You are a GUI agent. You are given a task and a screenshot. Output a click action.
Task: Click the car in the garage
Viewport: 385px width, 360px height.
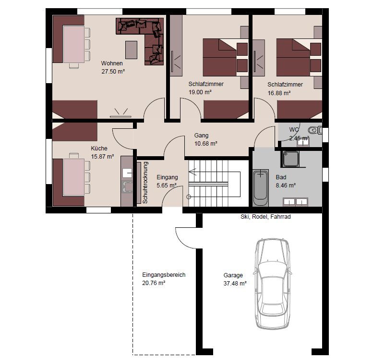(x=273, y=284)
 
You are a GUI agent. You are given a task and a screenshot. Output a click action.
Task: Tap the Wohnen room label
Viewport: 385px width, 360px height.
(x=112, y=63)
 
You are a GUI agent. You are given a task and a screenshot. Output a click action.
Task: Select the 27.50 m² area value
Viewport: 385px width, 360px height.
(x=113, y=72)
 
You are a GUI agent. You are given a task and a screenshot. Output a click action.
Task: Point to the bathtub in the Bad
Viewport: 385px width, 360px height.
(x=261, y=187)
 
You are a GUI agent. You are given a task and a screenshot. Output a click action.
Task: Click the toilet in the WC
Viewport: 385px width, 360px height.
(x=315, y=130)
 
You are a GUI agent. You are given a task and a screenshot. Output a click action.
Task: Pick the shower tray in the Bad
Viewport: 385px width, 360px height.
(x=291, y=159)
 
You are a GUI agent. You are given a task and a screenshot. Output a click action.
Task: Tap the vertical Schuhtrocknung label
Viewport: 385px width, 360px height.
(x=145, y=183)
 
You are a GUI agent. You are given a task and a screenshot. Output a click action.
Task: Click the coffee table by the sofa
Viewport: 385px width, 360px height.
(x=132, y=50)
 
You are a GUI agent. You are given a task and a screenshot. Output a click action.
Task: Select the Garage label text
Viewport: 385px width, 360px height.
(x=233, y=275)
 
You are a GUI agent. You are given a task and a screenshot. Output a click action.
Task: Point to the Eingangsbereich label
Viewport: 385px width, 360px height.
(x=164, y=275)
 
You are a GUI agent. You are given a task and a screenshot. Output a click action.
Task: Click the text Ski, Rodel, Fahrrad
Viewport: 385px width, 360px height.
(x=265, y=217)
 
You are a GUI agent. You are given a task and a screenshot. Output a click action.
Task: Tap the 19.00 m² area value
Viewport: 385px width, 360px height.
(x=200, y=92)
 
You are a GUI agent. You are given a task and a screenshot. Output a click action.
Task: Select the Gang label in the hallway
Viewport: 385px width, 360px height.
(x=201, y=135)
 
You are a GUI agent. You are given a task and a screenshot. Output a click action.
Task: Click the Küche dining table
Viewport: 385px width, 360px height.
(x=73, y=177)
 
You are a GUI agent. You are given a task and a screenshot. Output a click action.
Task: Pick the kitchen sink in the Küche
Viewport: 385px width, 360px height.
(x=127, y=186)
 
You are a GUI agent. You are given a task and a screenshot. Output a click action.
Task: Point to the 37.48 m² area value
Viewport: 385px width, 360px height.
(x=235, y=283)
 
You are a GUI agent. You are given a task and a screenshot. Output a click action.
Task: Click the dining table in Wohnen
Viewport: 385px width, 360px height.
(x=73, y=44)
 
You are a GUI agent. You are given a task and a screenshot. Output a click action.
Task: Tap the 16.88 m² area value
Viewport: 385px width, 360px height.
(x=279, y=93)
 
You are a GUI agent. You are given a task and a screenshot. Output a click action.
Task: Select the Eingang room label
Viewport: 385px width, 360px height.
(x=167, y=177)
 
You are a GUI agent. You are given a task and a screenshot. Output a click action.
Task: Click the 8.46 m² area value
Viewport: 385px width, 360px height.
(x=286, y=186)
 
